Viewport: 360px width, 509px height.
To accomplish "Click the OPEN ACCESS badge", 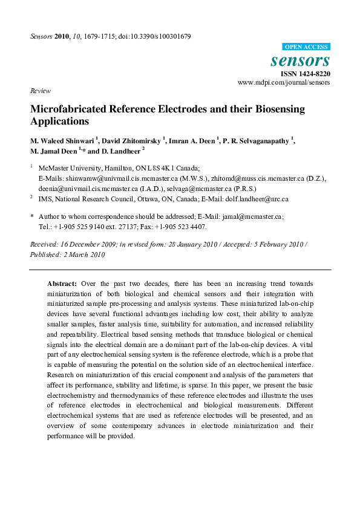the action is [306, 47].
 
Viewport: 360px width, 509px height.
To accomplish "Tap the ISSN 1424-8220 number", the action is [305, 74].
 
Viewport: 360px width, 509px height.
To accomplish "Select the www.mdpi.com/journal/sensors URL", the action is [284, 82].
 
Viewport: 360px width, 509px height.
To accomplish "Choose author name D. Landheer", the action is [119, 151].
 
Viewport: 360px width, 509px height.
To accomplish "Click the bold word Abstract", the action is [62, 284].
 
